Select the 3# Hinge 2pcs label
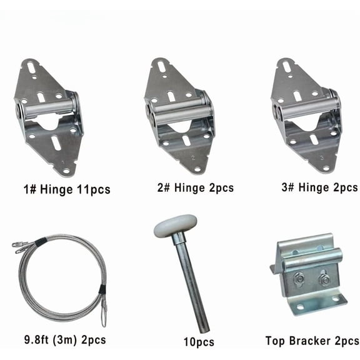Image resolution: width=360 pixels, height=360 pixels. point(312,187)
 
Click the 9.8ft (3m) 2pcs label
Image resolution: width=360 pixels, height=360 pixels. point(55,340)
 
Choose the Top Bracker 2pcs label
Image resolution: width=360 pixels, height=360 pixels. point(311,341)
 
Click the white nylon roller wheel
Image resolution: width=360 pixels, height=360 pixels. point(176,226)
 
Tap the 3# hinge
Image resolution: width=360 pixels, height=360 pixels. point(306,115)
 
